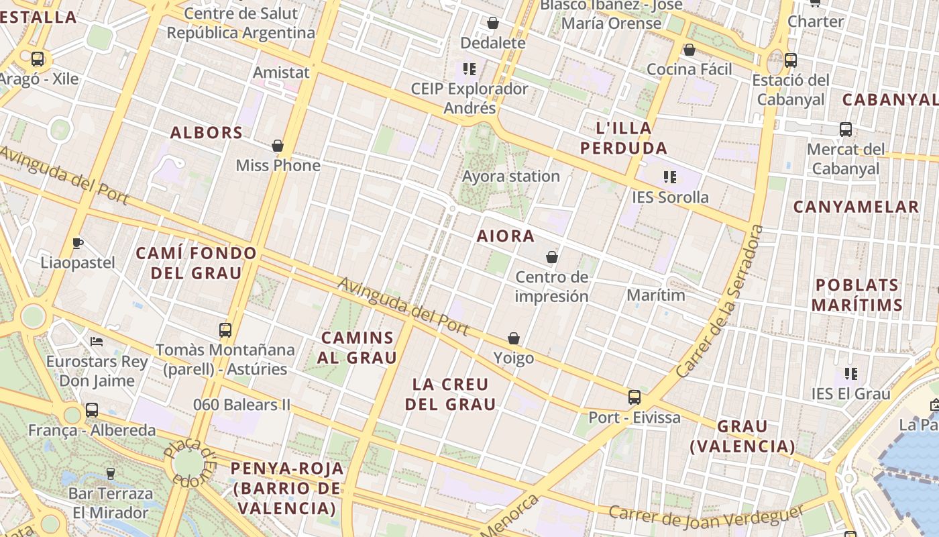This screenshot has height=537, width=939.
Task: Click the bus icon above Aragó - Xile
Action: (38, 59)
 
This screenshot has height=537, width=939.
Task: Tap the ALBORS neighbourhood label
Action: (207, 132)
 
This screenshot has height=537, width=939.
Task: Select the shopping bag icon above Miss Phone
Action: (278, 146)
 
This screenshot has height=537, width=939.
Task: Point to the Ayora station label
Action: (511, 177)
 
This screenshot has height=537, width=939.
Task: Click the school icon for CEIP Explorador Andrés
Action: (469, 68)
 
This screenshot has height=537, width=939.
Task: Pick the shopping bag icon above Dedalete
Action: (493, 23)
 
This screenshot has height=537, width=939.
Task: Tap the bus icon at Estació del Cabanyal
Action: (791, 60)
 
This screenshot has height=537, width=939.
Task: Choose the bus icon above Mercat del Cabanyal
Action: (846, 130)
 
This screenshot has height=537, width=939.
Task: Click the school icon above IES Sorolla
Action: (669, 177)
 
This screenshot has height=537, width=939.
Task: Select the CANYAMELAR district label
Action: (856, 207)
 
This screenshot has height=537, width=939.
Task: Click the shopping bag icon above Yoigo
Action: (514, 338)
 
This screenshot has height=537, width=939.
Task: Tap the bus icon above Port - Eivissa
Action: (634, 397)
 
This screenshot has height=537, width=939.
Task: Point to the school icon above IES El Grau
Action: (851, 374)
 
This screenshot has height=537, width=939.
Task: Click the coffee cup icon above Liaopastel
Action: (78, 243)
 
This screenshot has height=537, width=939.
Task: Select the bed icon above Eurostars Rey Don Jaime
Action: (97, 342)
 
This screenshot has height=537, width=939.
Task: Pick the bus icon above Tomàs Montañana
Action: (225, 330)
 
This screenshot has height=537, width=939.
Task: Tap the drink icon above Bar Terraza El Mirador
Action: (111, 474)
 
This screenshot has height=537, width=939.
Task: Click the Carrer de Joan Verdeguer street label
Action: (706, 516)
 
